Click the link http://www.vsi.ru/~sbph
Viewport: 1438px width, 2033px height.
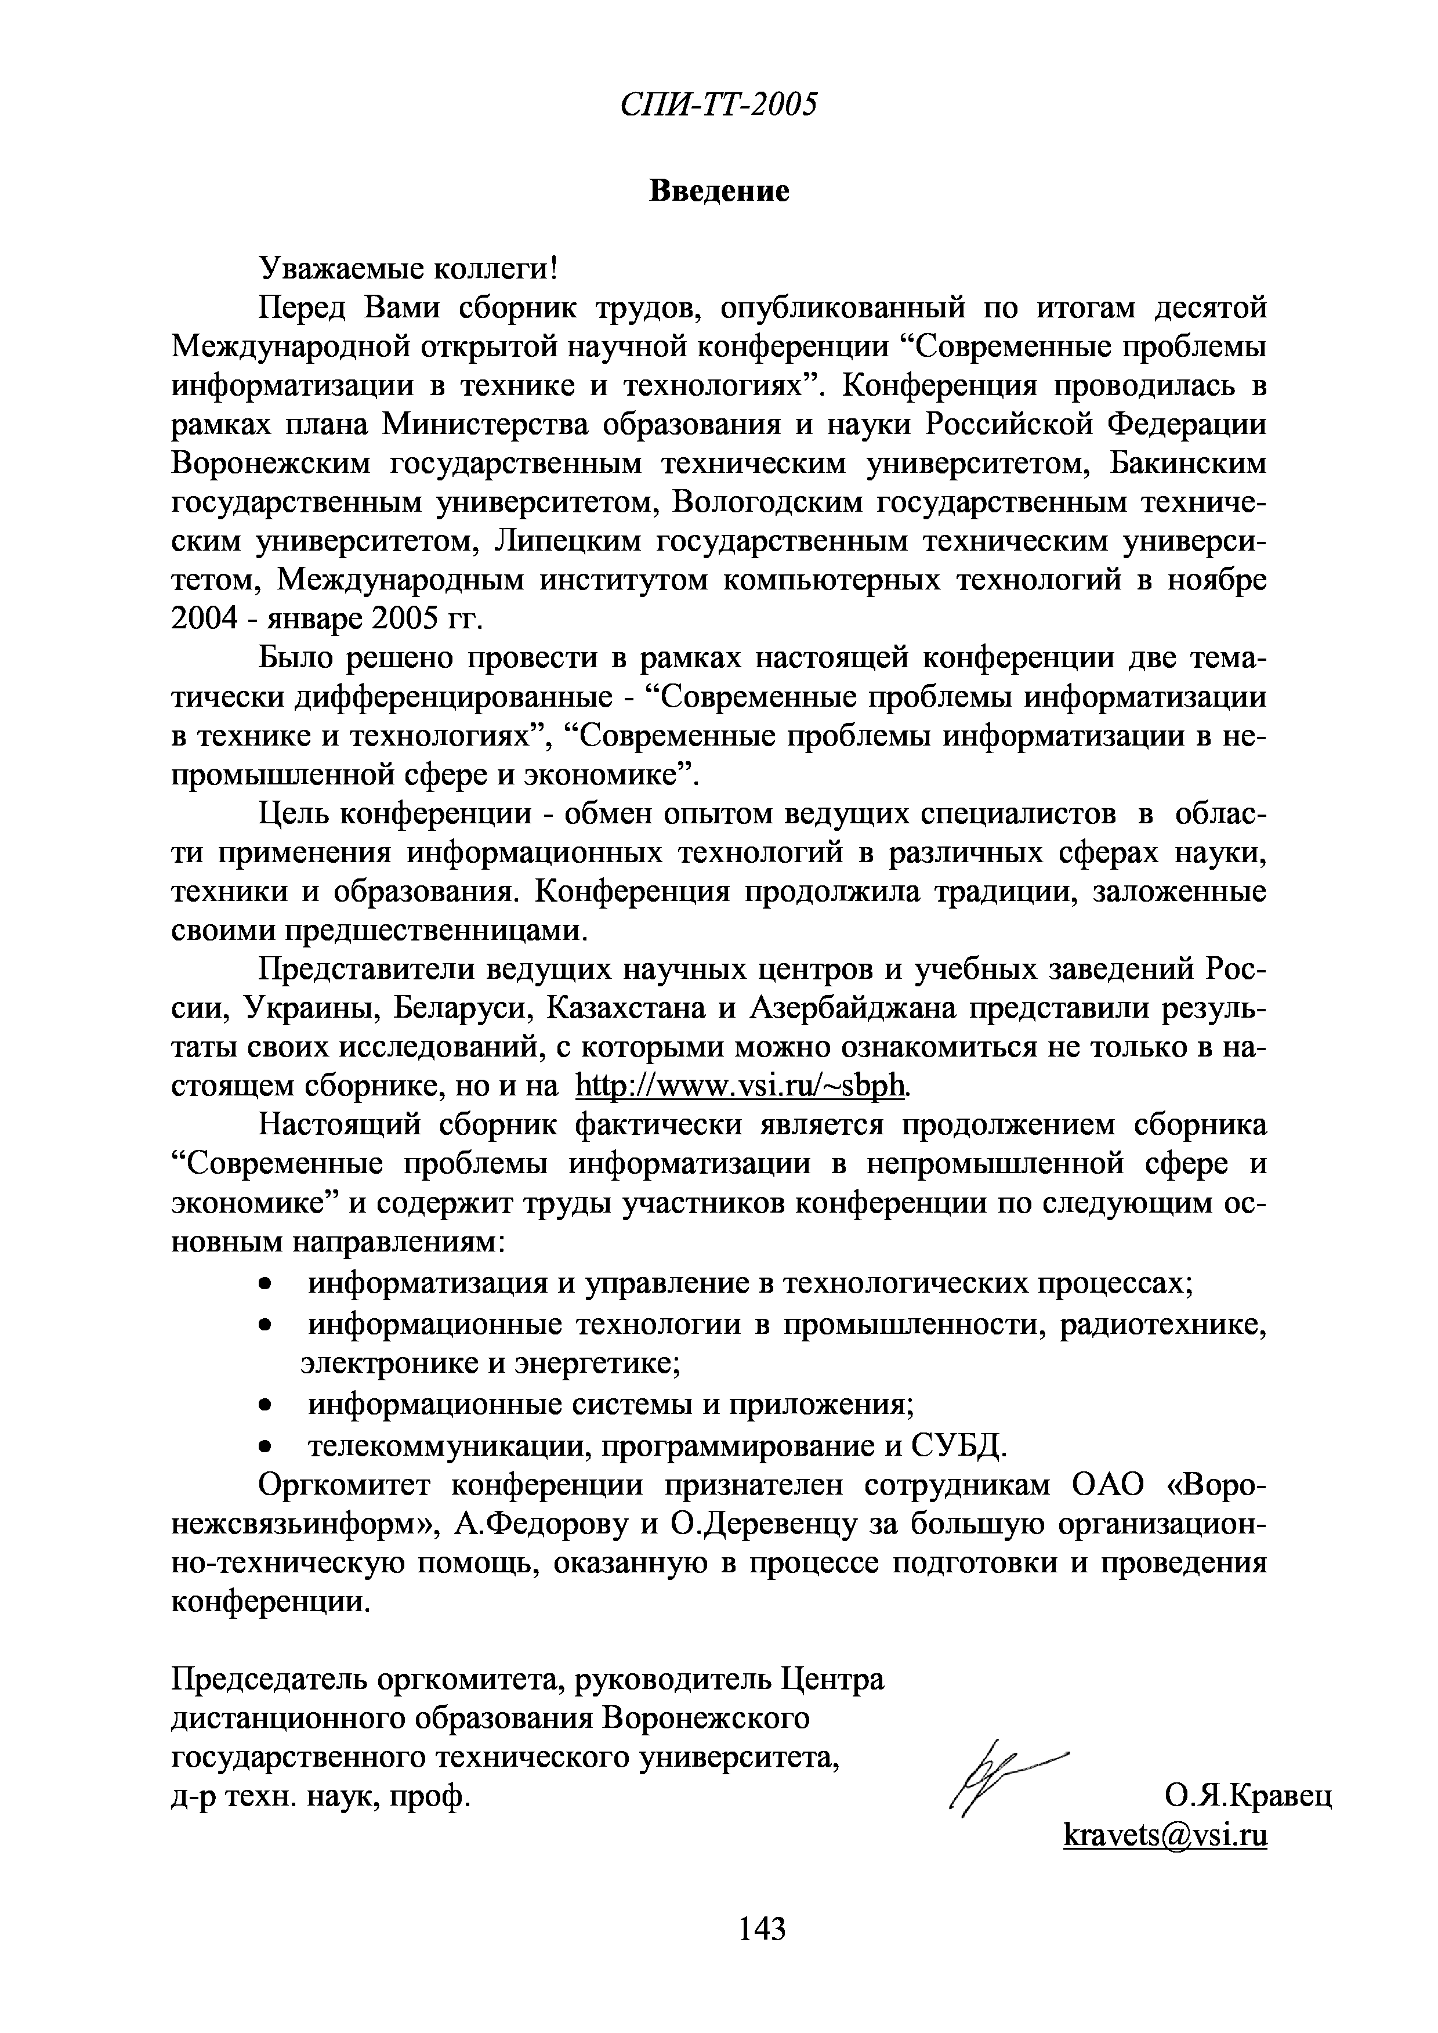point(741,1085)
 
